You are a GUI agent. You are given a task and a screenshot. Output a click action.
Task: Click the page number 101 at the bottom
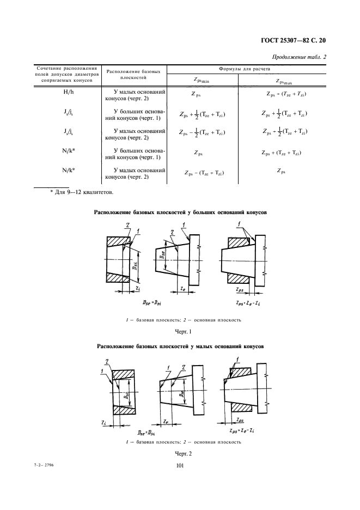180,465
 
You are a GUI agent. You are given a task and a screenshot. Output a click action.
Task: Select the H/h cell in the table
69,94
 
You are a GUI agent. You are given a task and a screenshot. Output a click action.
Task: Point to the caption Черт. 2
180,453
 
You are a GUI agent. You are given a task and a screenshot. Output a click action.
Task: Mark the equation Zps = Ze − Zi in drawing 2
238,430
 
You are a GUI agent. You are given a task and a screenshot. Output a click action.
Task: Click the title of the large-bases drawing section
181,213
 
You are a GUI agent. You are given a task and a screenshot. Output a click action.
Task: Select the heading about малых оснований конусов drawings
180,346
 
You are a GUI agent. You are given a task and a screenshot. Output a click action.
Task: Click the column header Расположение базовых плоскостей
133,75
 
